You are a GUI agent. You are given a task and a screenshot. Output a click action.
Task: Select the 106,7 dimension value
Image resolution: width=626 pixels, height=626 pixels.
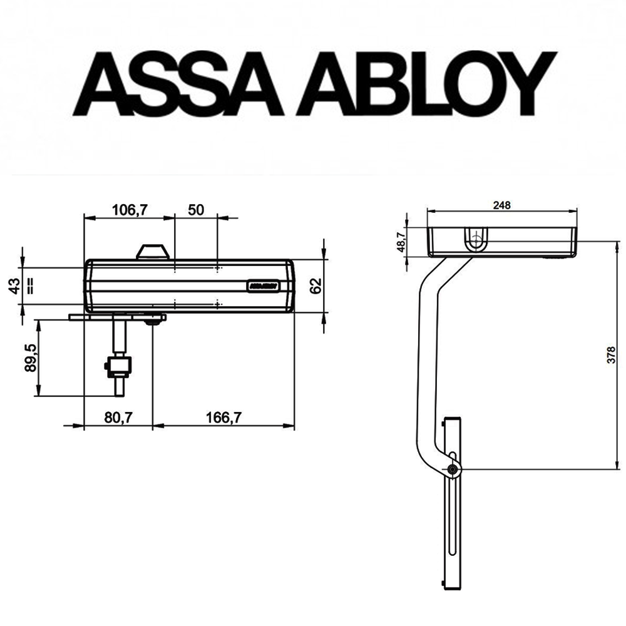click(x=129, y=210)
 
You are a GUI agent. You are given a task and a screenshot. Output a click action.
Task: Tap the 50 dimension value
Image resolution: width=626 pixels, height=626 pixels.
click(x=196, y=210)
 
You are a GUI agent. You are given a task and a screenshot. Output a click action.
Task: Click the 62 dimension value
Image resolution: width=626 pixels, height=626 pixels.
click(x=316, y=285)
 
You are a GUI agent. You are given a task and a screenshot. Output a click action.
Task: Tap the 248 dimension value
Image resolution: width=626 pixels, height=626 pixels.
click(x=502, y=205)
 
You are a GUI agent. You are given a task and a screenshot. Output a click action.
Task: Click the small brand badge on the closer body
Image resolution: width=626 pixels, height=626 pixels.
click(x=263, y=285)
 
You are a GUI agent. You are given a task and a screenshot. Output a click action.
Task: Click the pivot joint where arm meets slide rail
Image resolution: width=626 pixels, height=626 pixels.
click(x=453, y=469)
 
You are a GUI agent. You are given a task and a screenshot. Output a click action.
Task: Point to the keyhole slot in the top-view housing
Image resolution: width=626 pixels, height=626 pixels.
click(x=477, y=239)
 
